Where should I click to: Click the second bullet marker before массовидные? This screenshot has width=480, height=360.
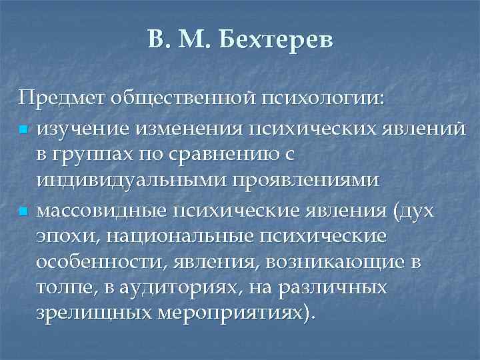(x=23, y=213)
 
